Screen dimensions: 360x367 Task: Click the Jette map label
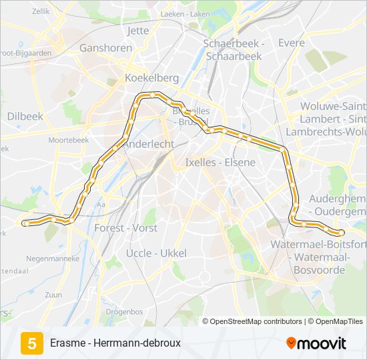coord(137,31)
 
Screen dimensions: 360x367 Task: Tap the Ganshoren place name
coord(106,48)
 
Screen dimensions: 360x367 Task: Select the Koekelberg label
coord(152,78)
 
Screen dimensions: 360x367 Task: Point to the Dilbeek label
coord(25,116)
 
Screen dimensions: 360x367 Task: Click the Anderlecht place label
coord(149,144)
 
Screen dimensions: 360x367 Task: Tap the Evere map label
coord(291,43)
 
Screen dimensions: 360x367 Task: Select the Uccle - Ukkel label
coord(156,253)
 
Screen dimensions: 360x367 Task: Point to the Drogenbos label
coord(124,311)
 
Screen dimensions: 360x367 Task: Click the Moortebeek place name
coord(69,141)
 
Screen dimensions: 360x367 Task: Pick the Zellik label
coord(41,11)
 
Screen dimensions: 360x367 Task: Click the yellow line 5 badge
coord(31,343)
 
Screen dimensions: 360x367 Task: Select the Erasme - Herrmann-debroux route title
coord(115,343)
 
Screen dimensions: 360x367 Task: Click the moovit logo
coord(316,343)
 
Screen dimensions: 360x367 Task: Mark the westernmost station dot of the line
coord(25,223)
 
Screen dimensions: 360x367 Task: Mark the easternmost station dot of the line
coord(342,233)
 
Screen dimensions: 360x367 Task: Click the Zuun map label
coord(53,294)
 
